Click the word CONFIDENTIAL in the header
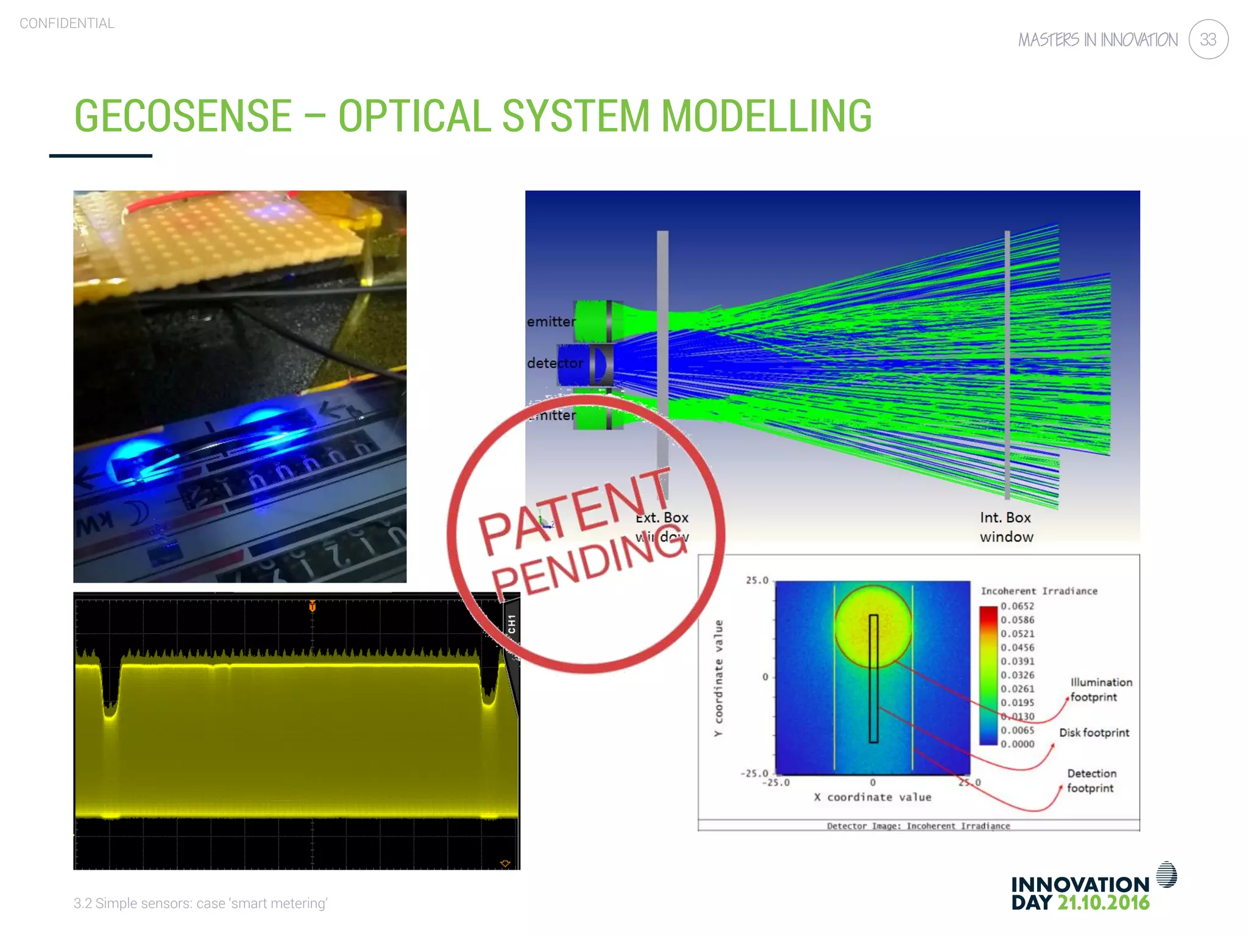67,23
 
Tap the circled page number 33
1208,40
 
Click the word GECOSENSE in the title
183,116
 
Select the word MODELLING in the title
766,116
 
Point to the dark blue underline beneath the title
101,156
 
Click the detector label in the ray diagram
555,363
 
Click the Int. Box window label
1006,527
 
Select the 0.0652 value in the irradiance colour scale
1017,606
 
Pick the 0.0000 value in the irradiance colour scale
1017,744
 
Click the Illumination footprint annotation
1101,690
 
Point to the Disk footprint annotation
1094,733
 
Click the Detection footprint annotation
1091,781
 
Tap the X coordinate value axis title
873,797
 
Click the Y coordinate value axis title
718,678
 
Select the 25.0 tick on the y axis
757,581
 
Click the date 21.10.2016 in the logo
1103,903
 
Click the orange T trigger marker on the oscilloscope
312,606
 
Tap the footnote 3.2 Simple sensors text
200,903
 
